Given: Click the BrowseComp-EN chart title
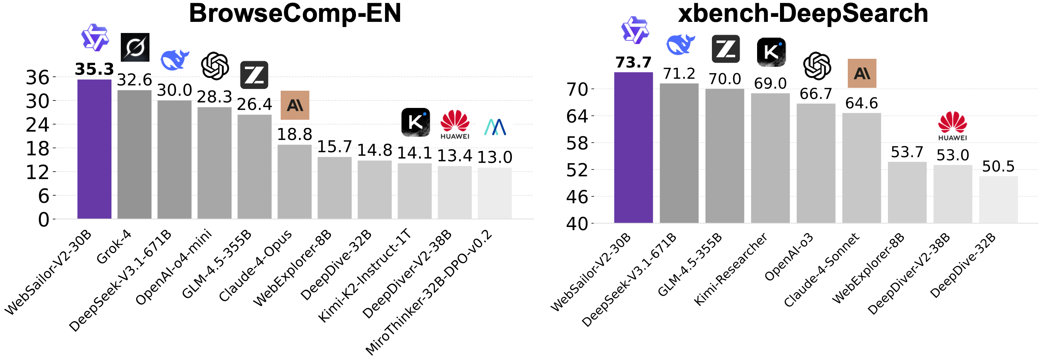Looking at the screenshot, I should [x=295, y=13].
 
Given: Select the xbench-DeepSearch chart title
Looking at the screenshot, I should [x=803, y=13].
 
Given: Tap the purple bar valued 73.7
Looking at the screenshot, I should [x=633, y=147].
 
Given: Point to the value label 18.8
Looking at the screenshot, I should [x=295, y=134].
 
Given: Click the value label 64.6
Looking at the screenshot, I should [x=861, y=103].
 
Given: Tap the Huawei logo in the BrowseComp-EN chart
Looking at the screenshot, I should [x=455, y=124].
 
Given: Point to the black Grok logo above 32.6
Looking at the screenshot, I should [x=135, y=47].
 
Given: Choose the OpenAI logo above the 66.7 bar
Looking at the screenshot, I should [x=817, y=66].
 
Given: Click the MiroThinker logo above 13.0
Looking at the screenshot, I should [x=495, y=127].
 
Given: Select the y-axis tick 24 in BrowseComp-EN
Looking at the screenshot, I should [x=38, y=125].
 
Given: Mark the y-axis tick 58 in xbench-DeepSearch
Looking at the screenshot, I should [x=577, y=143].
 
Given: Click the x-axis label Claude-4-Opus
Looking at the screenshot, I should [x=255, y=265].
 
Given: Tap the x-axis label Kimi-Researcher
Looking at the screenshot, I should [x=730, y=268].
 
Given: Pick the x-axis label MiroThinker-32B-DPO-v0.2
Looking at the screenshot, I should [x=428, y=292].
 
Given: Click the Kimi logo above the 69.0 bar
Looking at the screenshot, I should [x=771, y=52].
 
